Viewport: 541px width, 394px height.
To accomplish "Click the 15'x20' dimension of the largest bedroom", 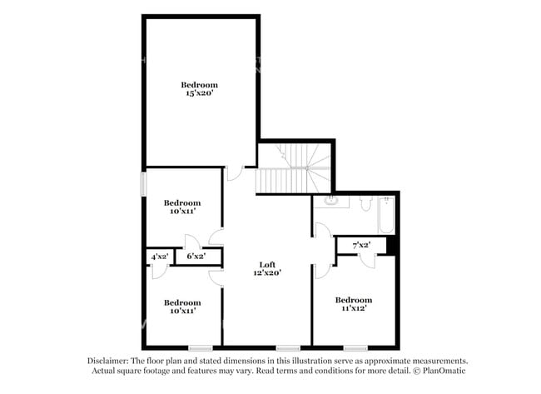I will click(x=200, y=94).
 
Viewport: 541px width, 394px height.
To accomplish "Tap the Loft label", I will click(x=267, y=265).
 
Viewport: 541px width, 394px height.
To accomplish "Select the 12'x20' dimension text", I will click(x=267, y=273).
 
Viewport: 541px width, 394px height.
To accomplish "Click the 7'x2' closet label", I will click(x=360, y=245).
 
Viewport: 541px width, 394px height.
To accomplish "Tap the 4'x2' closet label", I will click(x=159, y=257).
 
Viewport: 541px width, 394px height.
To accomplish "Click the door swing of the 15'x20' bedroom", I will click(x=235, y=173).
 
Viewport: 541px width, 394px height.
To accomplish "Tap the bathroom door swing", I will click(x=320, y=231).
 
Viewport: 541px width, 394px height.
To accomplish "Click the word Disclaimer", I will click(x=107, y=361).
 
